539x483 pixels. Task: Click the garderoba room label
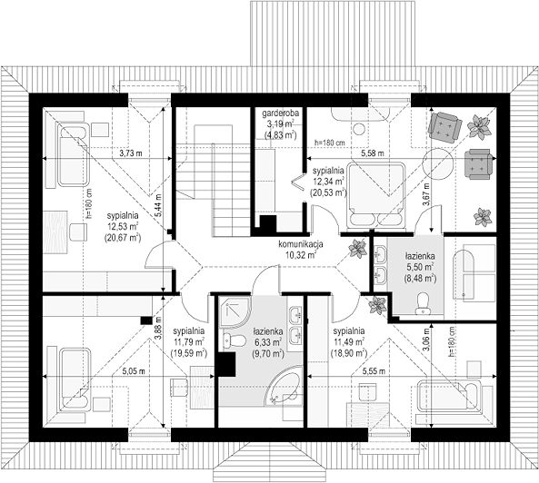[x=281, y=113]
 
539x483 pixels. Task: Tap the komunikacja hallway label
[x=301, y=245]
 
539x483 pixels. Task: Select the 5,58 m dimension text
[x=373, y=153]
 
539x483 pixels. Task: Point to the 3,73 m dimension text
[x=130, y=153]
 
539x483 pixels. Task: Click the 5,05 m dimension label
[x=134, y=371]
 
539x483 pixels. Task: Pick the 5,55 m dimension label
[x=374, y=371]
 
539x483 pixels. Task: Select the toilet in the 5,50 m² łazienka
[x=422, y=303]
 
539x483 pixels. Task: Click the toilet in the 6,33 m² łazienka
[x=234, y=340]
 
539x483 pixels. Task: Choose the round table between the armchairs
[x=437, y=163]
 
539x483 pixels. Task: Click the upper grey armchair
[x=444, y=126]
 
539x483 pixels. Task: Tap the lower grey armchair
[x=477, y=164]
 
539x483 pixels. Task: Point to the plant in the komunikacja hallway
[x=358, y=248]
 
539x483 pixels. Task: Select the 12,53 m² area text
[x=123, y=227]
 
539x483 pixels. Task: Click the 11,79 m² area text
[x=189, y=342]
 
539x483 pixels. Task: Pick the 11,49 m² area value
[x=348, y=342]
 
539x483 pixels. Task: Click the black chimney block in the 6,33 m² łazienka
[x=225, y=365]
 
